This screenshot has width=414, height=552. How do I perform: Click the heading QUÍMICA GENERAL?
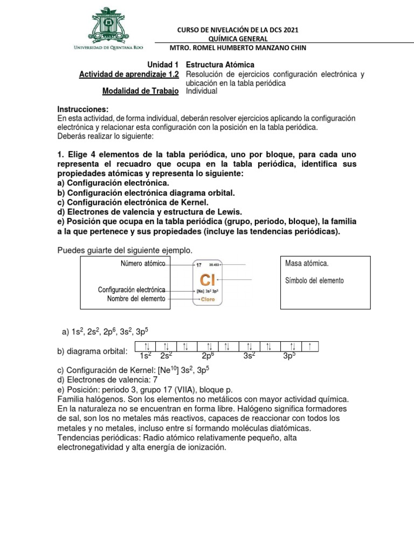tap(237, 38)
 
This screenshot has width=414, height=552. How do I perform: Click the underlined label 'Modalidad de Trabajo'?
tap(140, 91)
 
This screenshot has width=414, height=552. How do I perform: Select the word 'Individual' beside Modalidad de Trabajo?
tap(202, 91)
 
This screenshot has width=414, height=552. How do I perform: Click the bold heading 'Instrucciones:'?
tap(82, 109)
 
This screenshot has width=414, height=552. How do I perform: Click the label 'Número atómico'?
tap(143, 263)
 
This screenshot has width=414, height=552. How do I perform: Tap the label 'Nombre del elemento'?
tap(136, 299)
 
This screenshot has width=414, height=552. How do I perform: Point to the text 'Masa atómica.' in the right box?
tap(306, 264)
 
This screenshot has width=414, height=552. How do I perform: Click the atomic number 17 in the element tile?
tap(198, 265)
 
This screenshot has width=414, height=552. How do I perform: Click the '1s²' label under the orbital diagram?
tap(146, 356)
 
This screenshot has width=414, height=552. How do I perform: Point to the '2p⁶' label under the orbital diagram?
tap(208, 356)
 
